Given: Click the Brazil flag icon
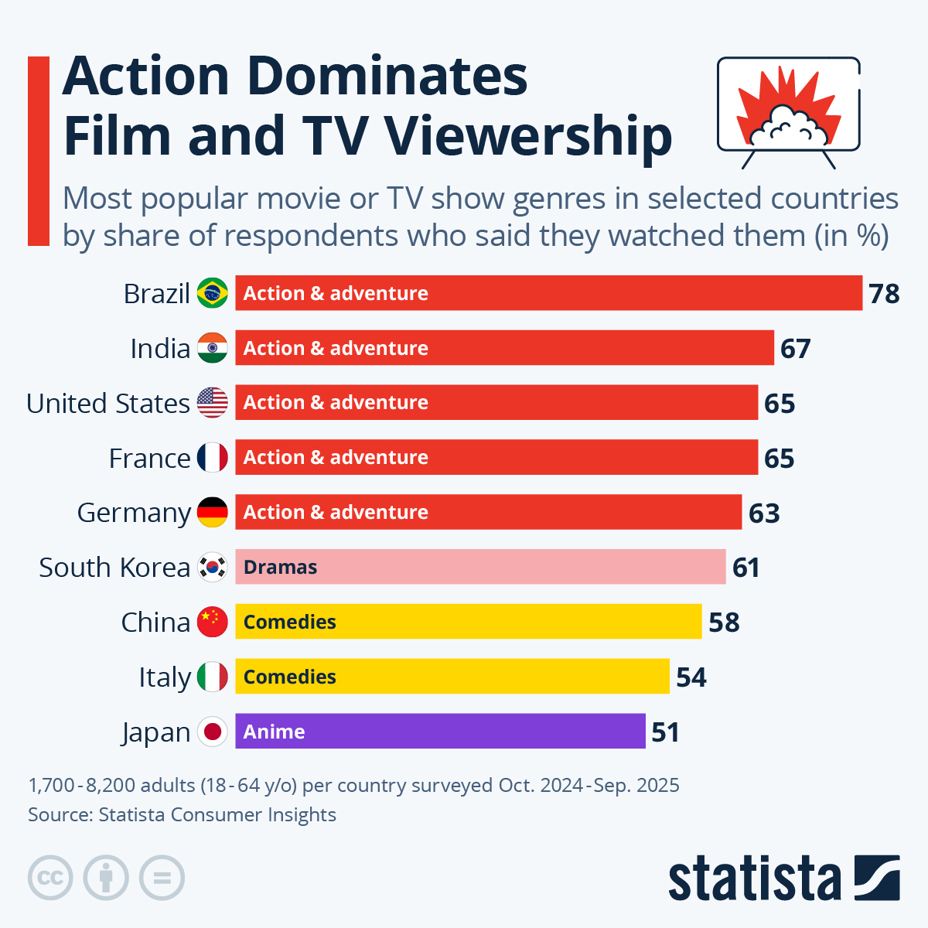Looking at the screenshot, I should (212, 293).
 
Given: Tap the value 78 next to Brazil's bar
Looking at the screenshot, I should (884, 294).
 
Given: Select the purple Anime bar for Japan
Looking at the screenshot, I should (440, 731).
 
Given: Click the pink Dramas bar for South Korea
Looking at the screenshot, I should (480, 567).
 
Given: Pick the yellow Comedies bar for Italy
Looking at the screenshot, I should (452, 677).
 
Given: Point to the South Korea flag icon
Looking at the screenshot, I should (212, 567).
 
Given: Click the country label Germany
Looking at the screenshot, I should (134, 513).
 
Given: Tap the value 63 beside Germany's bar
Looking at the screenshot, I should (764, 513).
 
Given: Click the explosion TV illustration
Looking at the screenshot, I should (788, 109).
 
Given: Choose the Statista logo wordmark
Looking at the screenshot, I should (754, 879).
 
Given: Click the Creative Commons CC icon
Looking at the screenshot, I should (50, 879).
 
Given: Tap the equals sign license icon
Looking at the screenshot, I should (162, 879).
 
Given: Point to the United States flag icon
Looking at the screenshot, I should (212, 403).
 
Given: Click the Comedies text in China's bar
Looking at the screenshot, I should (289, 622).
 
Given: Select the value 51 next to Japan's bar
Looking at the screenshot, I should (665, 732).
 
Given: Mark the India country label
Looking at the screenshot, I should (160, 349).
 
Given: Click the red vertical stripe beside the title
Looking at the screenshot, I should (38, 151).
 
